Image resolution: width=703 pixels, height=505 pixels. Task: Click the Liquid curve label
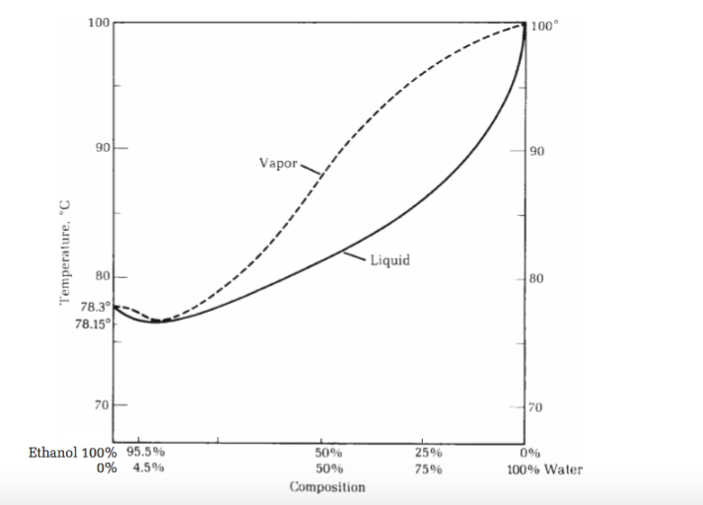pos(390,260)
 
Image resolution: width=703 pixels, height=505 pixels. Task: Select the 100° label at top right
pos(544,24)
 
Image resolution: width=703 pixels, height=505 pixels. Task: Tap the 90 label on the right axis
pos(539,151)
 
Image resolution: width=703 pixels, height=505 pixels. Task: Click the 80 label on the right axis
pos(539,278)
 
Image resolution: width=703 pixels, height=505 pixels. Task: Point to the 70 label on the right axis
pos(539,406)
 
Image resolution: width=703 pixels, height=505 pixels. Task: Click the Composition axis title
pos(327,487)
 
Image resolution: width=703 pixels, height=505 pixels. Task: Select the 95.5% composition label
pos(146,453)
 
